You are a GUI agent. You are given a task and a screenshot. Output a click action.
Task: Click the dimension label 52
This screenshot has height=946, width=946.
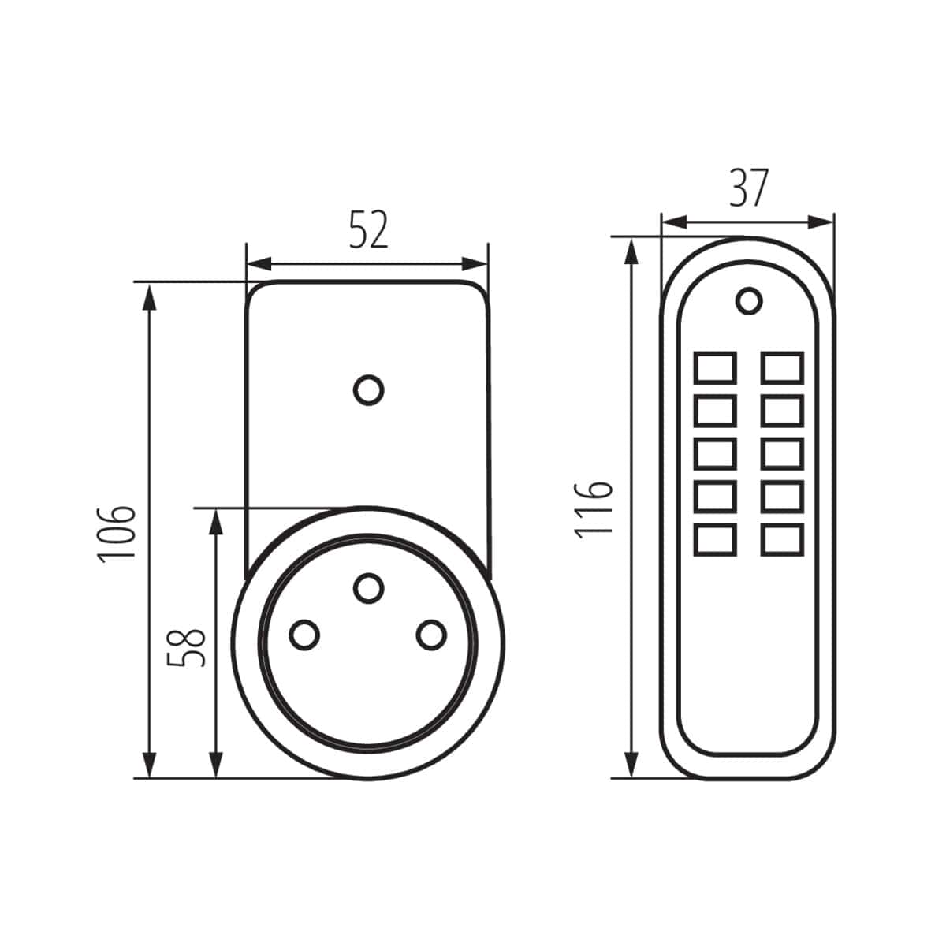(x=369, y=230)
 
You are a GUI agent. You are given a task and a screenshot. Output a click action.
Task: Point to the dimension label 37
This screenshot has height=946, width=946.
(x=747, y=188)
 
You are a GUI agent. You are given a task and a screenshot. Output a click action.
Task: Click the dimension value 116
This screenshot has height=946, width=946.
(x=594, y=508)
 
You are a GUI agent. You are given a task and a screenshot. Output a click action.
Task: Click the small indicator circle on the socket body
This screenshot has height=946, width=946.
(x=368, y=390)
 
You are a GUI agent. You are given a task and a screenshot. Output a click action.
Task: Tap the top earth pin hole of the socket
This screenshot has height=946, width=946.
(x=368, y=587)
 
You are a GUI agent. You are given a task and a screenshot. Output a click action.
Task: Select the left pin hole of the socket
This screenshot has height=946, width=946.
(x=304, y=634)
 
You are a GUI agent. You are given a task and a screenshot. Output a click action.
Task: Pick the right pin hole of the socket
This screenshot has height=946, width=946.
(x=431, y=635)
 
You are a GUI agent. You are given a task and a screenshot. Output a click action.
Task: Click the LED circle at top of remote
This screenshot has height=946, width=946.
(x=748, y=300)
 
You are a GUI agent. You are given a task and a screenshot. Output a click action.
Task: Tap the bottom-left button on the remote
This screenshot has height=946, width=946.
(x=716, y=539)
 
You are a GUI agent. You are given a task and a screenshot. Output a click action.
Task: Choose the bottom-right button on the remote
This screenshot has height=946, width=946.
(x=782, y=539)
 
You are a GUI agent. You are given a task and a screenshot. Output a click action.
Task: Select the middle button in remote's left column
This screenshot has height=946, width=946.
(x=716, y=453)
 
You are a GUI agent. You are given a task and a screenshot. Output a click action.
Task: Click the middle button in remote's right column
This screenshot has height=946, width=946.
(x=782, y=453)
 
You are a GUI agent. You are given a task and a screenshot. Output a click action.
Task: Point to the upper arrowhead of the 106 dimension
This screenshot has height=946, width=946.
(x=148, y=296)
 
